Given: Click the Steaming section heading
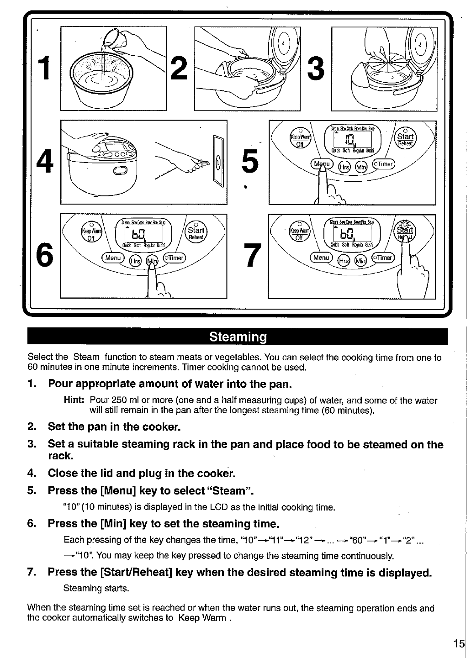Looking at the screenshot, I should (x=238, y=337).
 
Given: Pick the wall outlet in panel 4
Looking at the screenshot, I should (x=217, y=161).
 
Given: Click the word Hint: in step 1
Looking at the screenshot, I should (x=74, y=401).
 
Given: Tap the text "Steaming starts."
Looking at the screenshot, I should (x=96, y=588).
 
